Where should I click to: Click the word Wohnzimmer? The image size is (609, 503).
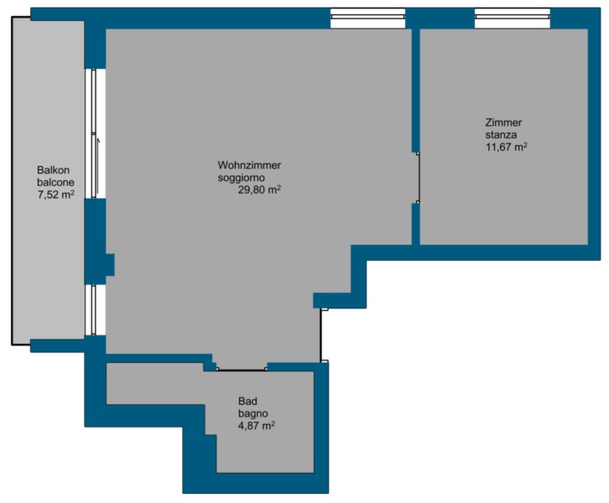click(249, 165)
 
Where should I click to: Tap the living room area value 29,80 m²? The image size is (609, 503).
click(259, 189)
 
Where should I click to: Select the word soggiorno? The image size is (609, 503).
click(242, 178)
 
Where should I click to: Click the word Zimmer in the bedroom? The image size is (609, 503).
click(503, 122)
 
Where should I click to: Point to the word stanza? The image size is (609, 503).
click(501, 135)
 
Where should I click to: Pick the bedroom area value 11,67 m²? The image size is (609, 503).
click(506, 147)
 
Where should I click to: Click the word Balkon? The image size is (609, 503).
click(53, 170)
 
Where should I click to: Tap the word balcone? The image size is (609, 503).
click(55, 183)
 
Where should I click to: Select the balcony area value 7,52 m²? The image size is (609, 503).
click(55, 194)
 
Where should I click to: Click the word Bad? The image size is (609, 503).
click(247, 401)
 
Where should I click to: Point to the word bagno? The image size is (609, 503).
click(252, 414)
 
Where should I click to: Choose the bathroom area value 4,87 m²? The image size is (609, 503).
click(257, 426)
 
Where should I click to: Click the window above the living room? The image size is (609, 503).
click(367, 18)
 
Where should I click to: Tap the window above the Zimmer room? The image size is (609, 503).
click(513, 18)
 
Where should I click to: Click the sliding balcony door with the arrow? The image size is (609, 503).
click(95, 133)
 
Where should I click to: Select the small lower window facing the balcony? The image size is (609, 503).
click(95, 309)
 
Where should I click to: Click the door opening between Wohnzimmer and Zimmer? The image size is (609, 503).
click(416, 178)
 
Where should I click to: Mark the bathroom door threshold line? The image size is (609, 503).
click(242, 369)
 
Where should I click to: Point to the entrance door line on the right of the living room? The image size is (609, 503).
click(320, 335)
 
